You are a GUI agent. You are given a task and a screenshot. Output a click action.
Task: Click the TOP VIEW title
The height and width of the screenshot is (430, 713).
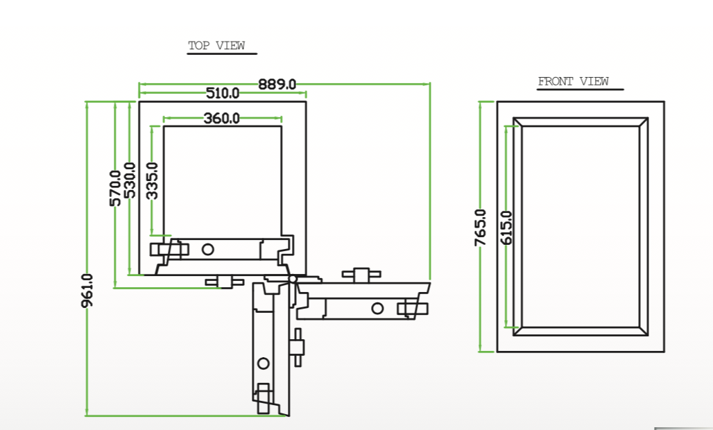tap(216, 46)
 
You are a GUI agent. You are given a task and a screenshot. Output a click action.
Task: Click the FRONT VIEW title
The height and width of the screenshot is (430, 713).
tap(573, 82)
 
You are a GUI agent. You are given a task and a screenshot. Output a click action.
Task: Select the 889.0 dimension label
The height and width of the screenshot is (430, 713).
tap(277, 85)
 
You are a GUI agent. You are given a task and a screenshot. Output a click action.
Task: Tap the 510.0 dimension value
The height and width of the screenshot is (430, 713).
tap(223, 93)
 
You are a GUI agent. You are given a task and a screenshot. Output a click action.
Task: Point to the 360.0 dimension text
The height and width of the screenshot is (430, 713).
tap(221, 119)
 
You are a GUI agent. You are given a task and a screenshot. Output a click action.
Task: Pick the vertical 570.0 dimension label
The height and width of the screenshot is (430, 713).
tap(115, 188)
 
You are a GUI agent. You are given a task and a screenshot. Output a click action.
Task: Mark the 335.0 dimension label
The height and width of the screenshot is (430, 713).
tap(152, 180)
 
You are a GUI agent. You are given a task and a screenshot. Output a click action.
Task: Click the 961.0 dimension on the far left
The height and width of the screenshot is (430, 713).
tap(87, 292)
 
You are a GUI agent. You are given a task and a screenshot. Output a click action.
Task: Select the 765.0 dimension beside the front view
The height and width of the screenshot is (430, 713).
tap(481, 227)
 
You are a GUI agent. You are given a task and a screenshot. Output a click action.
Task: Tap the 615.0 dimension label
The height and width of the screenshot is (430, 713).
tap(506, 227)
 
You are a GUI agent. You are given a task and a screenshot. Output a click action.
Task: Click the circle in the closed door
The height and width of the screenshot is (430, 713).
tap(209, 248)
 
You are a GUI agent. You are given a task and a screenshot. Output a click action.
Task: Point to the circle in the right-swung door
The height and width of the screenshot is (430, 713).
tap(377, 308)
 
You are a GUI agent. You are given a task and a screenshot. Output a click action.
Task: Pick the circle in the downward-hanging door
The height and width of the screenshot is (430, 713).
tap(264, 363)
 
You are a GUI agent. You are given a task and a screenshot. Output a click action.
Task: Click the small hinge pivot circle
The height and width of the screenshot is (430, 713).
tap(293, 279)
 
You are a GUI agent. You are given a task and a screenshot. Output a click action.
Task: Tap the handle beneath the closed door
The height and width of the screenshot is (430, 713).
tap(223, 281)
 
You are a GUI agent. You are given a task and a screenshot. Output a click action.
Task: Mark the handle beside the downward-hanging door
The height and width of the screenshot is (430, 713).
tap(298, 347)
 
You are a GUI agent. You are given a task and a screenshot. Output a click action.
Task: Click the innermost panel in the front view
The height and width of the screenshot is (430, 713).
tap(580, 227)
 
